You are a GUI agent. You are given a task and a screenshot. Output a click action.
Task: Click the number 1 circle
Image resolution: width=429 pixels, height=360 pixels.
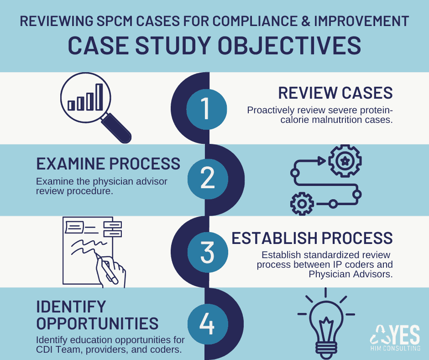tap(206, 108)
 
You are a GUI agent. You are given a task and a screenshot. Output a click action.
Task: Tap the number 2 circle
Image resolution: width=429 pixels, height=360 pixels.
tap(207, 179)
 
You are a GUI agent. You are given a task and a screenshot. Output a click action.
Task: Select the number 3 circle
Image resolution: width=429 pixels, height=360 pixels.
tap(206, 252)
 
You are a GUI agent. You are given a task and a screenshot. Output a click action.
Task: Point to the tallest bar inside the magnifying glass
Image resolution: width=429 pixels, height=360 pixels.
tap(99, 97)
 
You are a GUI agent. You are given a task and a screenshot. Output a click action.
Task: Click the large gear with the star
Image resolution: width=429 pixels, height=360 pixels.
tap(345, 161)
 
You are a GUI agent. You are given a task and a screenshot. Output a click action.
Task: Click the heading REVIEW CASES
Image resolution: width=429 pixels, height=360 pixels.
tap(335, 93)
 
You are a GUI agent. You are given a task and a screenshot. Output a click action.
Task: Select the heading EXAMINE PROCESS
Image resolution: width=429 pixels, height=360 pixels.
tap(108, 164)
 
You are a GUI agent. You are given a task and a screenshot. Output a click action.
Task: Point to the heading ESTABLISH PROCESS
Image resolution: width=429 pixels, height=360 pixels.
tap(312, 238)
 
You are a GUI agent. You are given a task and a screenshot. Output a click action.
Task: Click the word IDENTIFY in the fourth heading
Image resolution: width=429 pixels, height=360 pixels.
tap(71, 307)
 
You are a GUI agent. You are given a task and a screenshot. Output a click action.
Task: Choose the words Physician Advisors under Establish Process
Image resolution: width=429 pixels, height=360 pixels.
tap(351, 274)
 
